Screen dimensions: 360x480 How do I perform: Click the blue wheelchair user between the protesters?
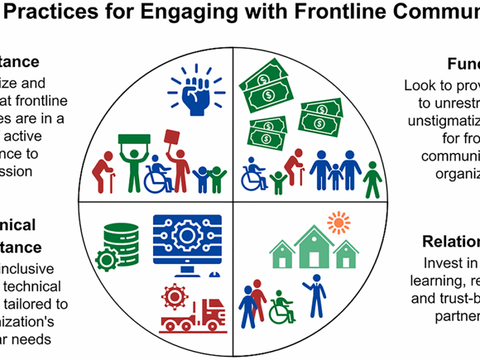[x=158, y=175]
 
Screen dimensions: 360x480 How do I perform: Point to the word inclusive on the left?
[x=28, y=269]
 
